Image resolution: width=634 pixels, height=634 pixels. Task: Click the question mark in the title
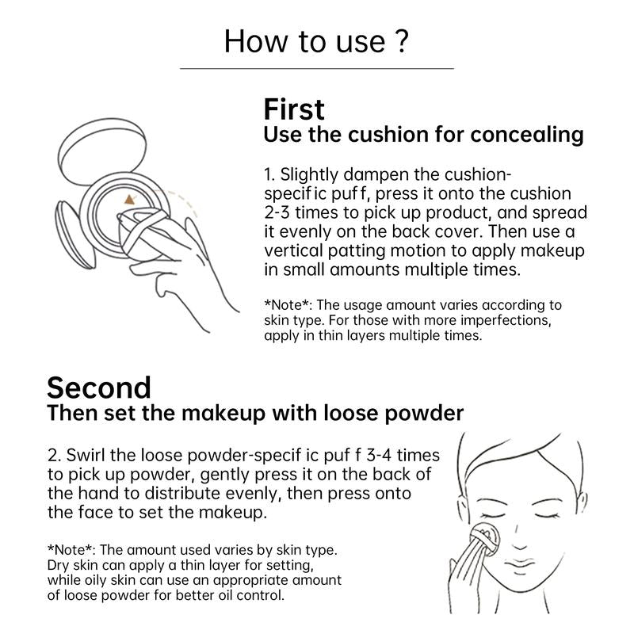[401, 40]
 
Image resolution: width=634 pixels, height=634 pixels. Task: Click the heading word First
[294, 109]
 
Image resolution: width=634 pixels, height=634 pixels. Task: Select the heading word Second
[98, 388]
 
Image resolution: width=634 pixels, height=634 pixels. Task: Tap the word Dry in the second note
[59, 565]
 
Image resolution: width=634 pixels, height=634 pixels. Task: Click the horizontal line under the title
[316, 69]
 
